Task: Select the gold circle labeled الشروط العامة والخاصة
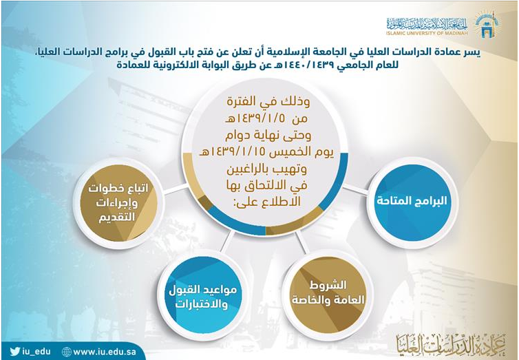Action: coord(328,293)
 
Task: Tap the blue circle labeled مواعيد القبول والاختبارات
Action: coord(203,295)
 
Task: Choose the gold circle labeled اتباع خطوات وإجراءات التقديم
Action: coord(118,203)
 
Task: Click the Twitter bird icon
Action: coord(14,351)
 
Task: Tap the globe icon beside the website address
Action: coord(67,352)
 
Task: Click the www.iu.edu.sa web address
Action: coord(105,352)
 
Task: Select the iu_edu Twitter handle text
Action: coord(36,352)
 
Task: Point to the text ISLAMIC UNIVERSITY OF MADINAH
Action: coord(427,33)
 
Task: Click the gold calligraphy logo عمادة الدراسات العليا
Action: coord(450,343)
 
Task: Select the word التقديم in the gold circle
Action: coord(118,217)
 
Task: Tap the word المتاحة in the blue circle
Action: coord(392,200)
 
